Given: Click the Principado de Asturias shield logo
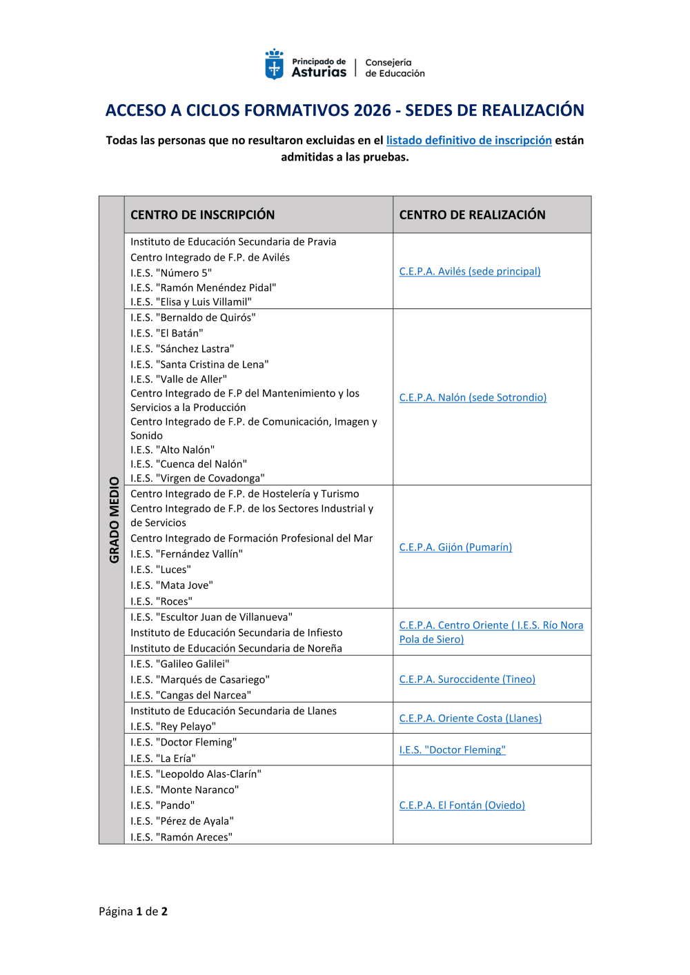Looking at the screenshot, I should click(275, 64).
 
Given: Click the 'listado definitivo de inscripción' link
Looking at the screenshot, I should click(469, 140).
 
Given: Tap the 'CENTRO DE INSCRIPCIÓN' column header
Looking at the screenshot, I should click(202, 214).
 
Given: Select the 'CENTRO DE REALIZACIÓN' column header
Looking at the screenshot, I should click(472, 214).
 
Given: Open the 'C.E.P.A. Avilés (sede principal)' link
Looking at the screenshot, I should click(469, 271).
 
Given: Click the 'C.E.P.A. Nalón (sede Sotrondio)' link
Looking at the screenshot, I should click(473, 397).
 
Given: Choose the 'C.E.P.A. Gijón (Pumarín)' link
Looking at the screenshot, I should click(455, 547).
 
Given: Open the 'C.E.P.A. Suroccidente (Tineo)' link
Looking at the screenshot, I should click(467, 679).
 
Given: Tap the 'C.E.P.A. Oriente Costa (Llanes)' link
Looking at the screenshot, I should click(470, 718).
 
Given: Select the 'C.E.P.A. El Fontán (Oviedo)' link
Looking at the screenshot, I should click(462, 805).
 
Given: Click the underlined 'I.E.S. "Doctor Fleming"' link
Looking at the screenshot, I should click(452, 750).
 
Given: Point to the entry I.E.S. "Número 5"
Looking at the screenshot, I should click(171, 272).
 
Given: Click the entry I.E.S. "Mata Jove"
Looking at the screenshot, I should click(172, 585).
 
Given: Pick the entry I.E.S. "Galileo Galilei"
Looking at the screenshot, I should click(180, 663).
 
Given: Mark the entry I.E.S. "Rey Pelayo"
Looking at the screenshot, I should click(173, 726).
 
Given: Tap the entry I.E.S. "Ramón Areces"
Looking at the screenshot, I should click(181, 837).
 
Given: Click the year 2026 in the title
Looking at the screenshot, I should click(372, 110).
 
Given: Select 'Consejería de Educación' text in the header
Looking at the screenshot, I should click(395, 68).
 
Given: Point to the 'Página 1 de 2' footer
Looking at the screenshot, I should click(133, 911).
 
